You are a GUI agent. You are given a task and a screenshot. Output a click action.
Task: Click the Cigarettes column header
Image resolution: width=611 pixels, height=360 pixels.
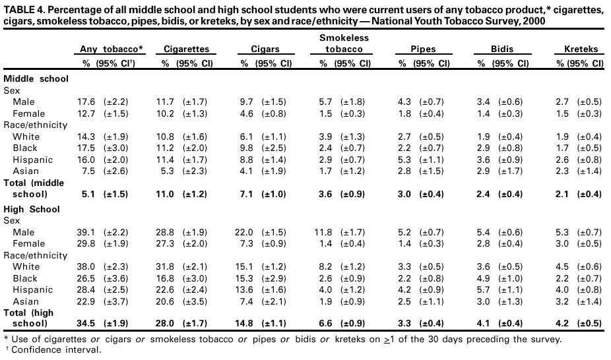(186, 49)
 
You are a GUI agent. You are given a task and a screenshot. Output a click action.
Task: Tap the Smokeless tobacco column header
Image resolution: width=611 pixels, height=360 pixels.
(344, 44)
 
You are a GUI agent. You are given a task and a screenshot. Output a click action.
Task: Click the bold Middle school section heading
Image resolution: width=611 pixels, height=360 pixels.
(36, 78)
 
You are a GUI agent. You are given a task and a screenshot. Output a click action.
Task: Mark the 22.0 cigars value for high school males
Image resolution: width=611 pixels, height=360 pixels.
(248, 233)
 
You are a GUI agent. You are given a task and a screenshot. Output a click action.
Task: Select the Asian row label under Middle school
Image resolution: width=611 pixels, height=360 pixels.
(25, 171)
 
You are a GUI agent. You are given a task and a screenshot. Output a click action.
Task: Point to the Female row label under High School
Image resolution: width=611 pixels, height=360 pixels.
(28, 244)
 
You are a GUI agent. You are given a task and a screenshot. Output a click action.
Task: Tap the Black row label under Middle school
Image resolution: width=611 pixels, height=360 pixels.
(25, 148)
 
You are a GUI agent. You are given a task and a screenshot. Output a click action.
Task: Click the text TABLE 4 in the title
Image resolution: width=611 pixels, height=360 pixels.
(24, 9)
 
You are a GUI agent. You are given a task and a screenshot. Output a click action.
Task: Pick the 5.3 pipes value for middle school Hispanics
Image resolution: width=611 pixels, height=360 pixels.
(406, 160)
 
